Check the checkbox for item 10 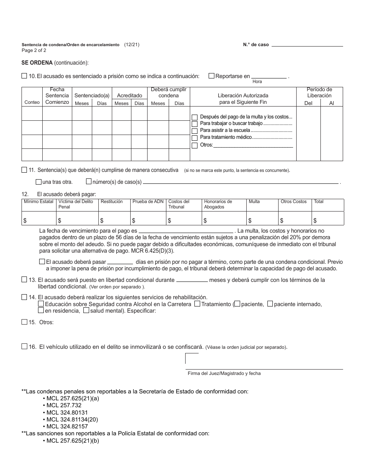point(25,76)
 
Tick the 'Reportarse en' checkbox point(211,76)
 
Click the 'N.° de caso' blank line point(307,45)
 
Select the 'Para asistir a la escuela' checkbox point(195,130)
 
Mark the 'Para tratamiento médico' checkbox point(195,137)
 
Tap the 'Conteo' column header point(32,103)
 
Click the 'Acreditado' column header point(129,95)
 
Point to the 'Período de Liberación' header point(319,92)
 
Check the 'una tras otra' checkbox point(38,182)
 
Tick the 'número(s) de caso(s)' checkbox point(89,182)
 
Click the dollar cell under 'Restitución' point(114,220)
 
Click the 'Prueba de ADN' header point(148,202)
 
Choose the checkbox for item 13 point(25,280)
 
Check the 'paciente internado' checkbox point(270,304)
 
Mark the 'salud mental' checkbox point(86,311)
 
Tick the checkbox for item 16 point(25,346)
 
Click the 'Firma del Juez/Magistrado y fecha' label point(224,373)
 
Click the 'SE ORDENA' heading point(37,63)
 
